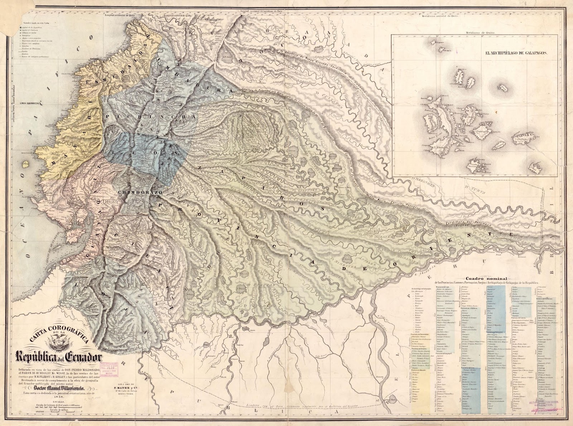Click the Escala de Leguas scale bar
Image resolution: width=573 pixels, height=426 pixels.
57,406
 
